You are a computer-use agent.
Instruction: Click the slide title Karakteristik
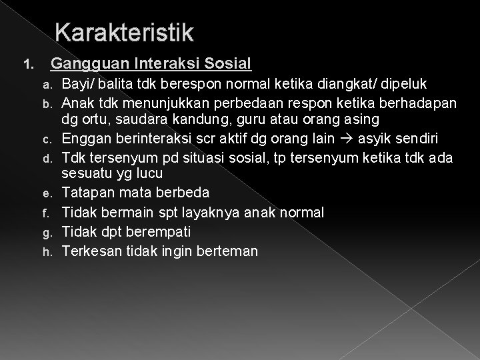click(125, 31)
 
